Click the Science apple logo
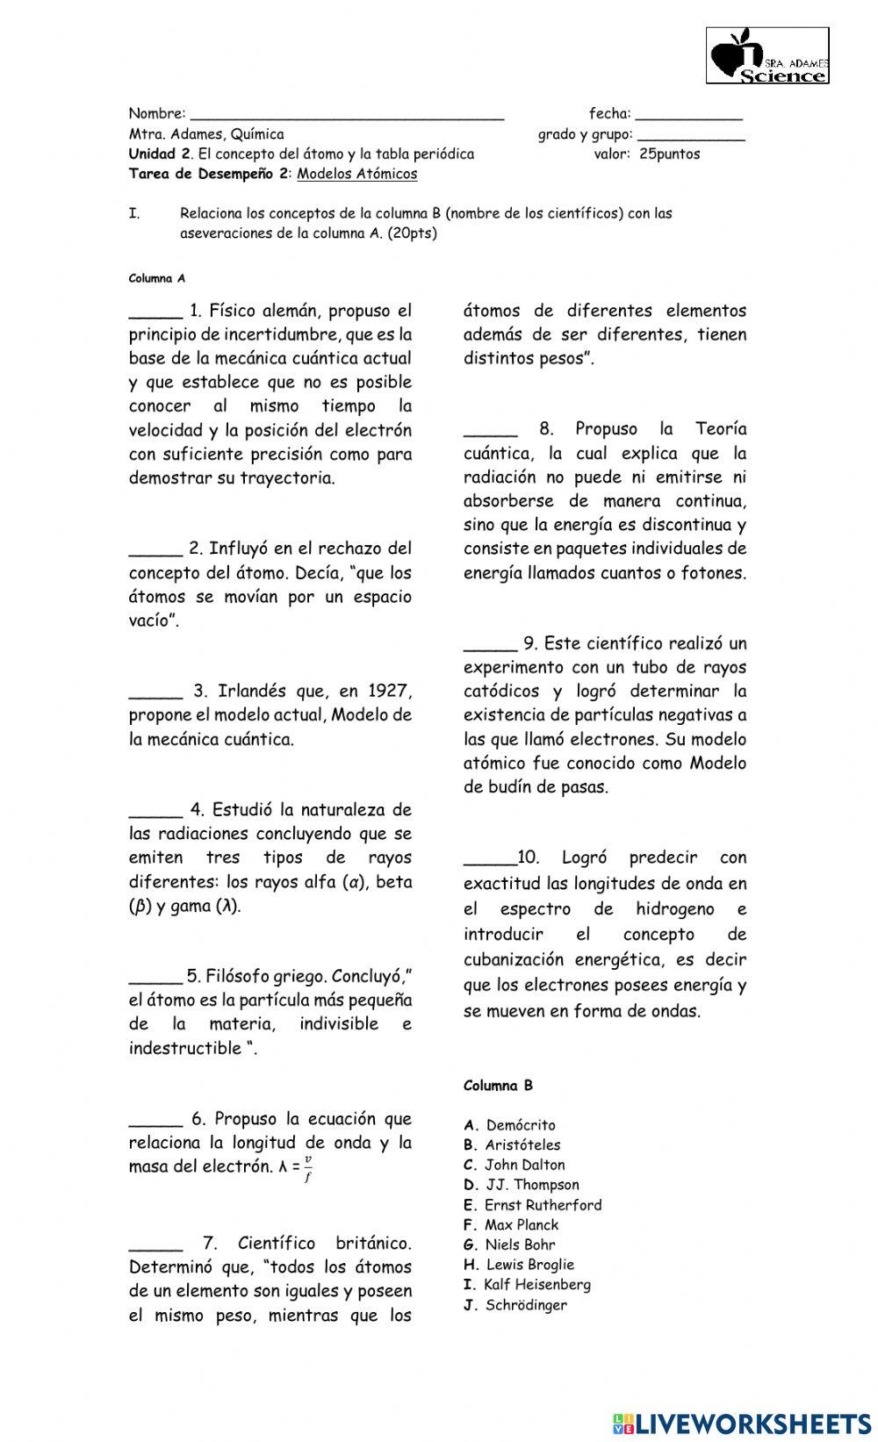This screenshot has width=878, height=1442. (x=767, y=55)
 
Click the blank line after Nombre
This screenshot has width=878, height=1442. (x=347, y=115)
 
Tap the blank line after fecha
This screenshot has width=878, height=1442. (x=688, y=115)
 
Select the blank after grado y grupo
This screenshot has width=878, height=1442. (x=691, y=136)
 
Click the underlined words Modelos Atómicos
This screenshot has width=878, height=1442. (x=357, y=174)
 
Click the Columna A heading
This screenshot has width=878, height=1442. (x=157, y=278)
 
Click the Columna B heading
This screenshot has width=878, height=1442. (x=498, y=1086)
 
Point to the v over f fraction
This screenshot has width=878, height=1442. (x=308, y=1169)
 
